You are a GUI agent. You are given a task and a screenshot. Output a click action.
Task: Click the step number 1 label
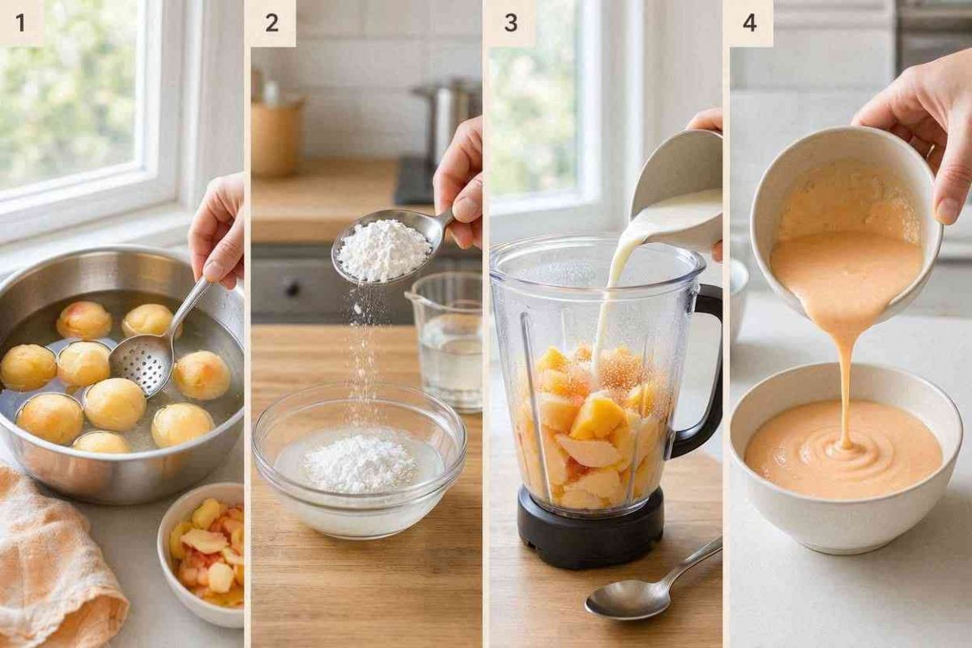pyautogui.click(x=20, y=23)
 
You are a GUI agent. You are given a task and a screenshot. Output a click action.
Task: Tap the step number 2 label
pyautogui.click(x=271, y=23)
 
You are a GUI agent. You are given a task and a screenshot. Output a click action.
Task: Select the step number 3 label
pyautogui.click(x=511, y=23)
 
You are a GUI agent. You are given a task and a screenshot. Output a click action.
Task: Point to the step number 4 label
pyautogui.click(x=750, y=23)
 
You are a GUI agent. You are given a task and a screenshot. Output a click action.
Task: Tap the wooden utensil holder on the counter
pyautogui.click(x=275, y=134)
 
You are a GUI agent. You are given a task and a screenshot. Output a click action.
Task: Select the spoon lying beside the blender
pyautogui.click(x=651, y=586)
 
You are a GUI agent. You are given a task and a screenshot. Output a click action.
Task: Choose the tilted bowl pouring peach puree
pyautogui.click(x=846, y=226)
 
